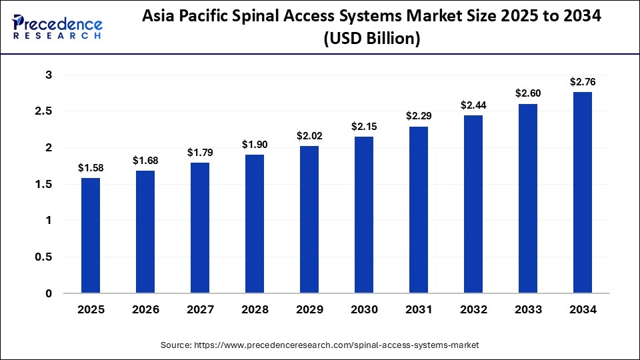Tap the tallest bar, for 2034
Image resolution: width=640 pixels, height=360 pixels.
tap(582, 193)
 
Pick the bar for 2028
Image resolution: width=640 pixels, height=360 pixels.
tap(254, 224)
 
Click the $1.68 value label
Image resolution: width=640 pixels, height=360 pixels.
tap(145, 160)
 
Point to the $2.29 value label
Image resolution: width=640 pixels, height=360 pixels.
tap(418, 116)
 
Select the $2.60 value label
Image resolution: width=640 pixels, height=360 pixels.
tap(527, 93)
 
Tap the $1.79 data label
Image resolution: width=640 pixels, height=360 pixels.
tap(199, 153)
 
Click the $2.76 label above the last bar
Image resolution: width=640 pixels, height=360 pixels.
tap(582, 82)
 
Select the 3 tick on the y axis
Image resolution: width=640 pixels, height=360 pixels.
tap(49, 75)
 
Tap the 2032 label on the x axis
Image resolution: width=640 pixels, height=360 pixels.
tap(473, 310)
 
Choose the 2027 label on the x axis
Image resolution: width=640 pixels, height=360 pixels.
tap(199, 310)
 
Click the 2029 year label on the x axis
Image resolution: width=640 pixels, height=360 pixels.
tap(309, 310)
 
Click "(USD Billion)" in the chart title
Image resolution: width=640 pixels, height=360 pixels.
tap(371, 39)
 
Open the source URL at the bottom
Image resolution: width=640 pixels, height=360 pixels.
tap(319, 345)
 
